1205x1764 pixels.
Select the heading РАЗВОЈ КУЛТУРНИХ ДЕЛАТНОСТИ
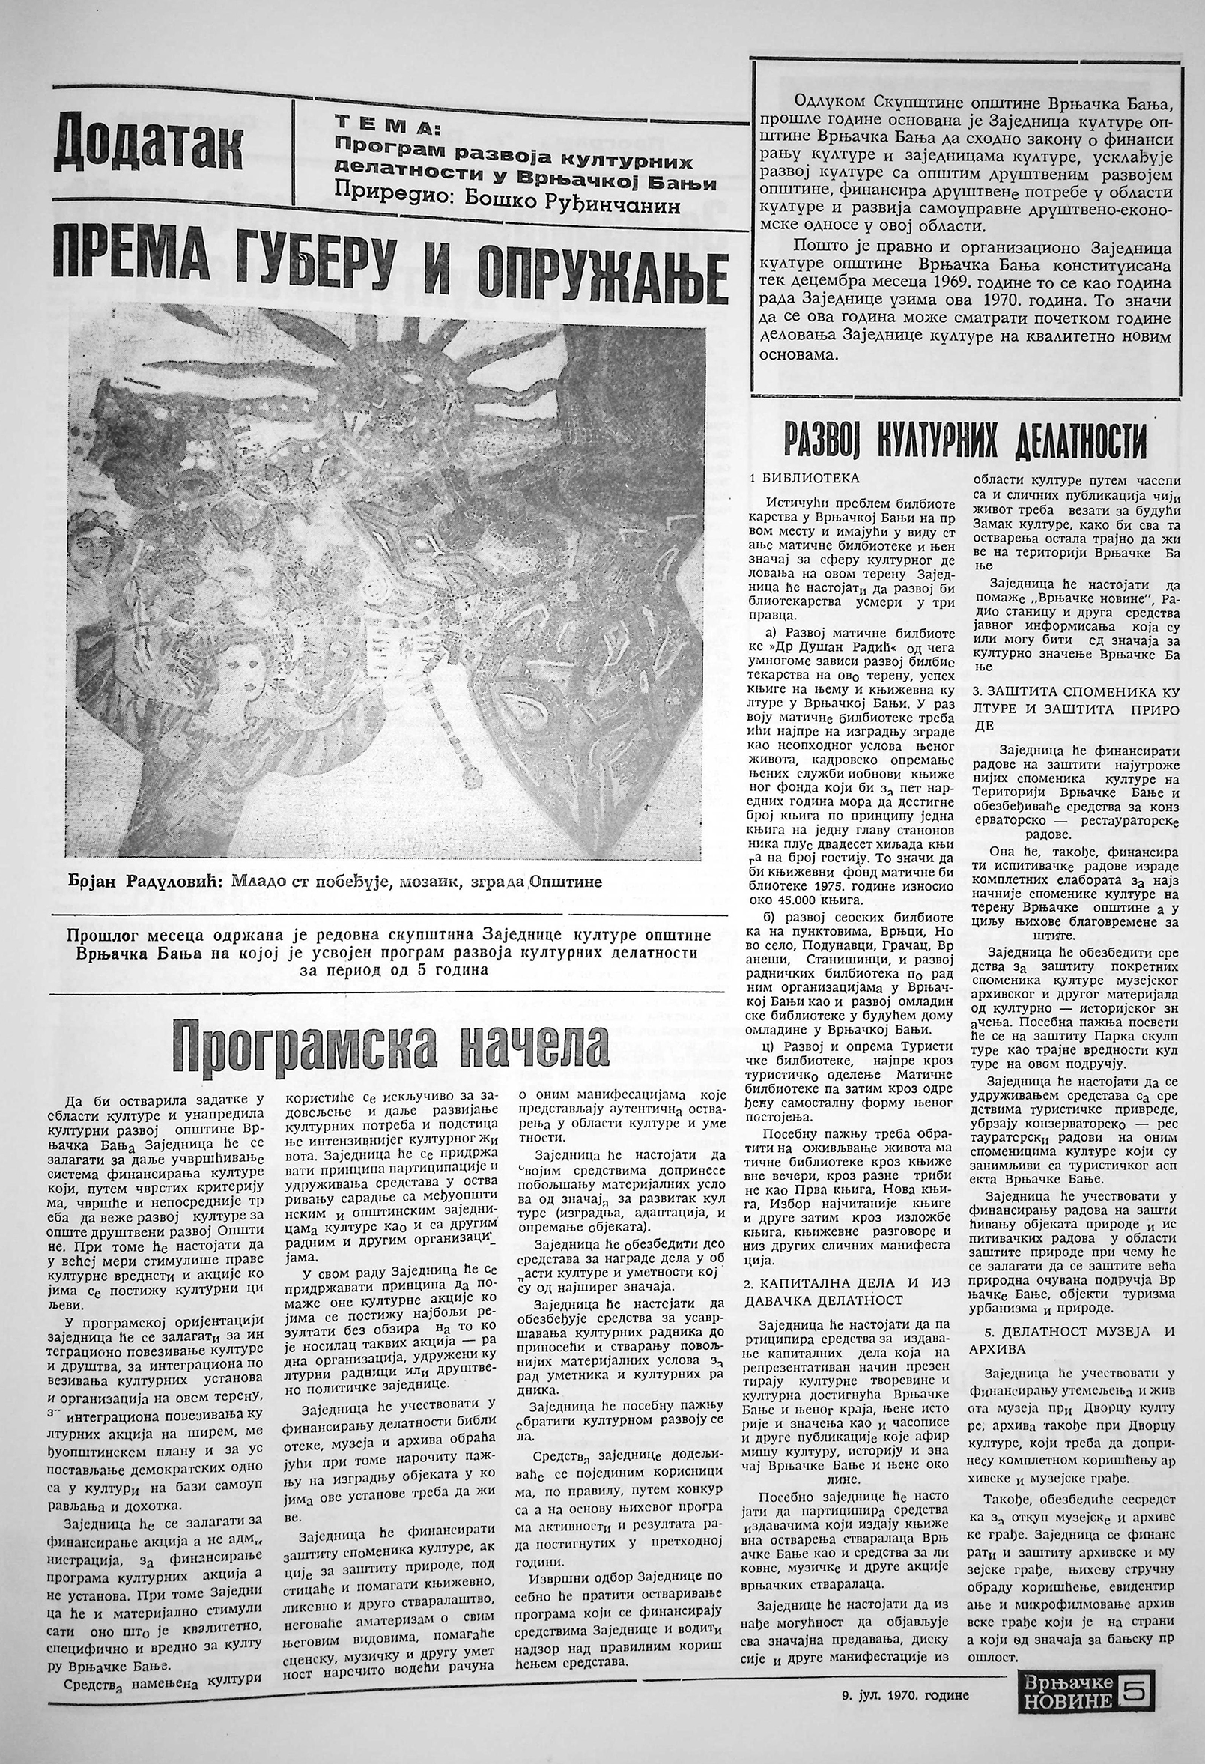click(965, 440)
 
